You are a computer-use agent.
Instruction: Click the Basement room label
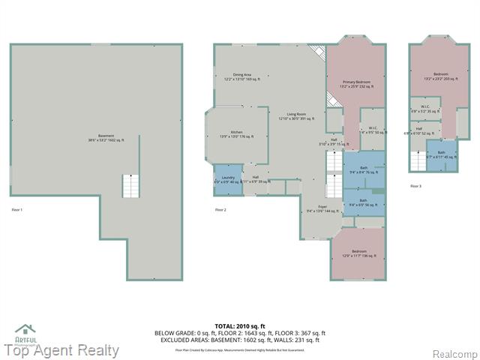[x=95, y=138]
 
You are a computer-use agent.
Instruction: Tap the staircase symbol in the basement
[x=130, y=185]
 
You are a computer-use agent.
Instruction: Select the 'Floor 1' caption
[x=17, y=209]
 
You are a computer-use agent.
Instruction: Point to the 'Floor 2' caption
[x=220, y=209]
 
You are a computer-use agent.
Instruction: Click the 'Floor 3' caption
[x=415, y=186]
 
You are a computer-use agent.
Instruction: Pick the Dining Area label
[x=241, y=76]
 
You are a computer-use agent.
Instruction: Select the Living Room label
[x=296, y=116]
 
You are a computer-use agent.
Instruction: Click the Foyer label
[x=322, y=208]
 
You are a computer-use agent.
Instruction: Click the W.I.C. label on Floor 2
[x=372, y=130]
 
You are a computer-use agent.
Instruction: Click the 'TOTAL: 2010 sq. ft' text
[x=239, y=326]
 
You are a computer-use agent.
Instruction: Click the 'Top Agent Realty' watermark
[x=61, y=349]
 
